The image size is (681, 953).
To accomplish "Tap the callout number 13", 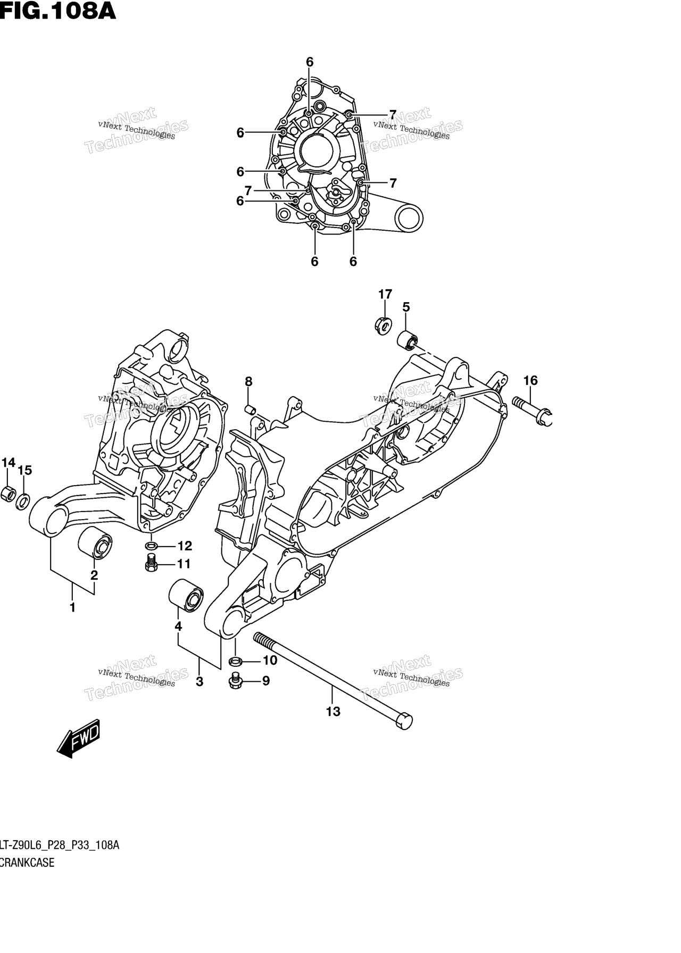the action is point(333,712).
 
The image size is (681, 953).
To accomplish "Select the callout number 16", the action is point(530,380).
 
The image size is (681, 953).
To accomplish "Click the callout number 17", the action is point(385,294).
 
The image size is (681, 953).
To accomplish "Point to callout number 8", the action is point(248,381).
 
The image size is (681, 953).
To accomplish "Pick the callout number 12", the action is point(185,546).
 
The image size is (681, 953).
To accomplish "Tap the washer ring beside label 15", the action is point(23,501).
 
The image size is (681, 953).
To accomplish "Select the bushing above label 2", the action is point(95,544).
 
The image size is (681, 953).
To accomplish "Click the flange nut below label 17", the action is point(384,325).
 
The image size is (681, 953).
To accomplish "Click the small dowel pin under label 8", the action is point(248,409).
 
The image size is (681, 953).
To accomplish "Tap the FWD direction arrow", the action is point(78,738).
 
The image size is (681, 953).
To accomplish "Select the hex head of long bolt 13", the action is point(404,721).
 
